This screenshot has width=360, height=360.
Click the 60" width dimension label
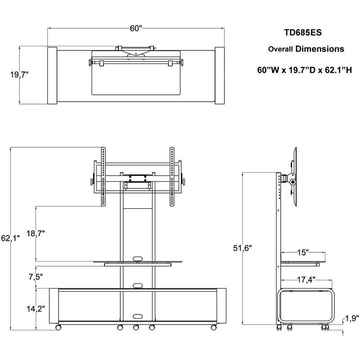136,28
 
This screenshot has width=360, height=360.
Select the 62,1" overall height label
10,239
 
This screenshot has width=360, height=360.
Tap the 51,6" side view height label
243,247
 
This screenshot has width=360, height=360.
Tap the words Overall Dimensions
306,49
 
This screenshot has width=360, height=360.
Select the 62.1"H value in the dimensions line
336,70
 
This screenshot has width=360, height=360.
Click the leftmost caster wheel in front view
58,328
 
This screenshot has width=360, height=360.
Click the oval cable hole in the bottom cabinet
137,315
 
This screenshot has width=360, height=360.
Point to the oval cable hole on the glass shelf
137,258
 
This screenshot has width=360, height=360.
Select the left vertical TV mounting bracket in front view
103,178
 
